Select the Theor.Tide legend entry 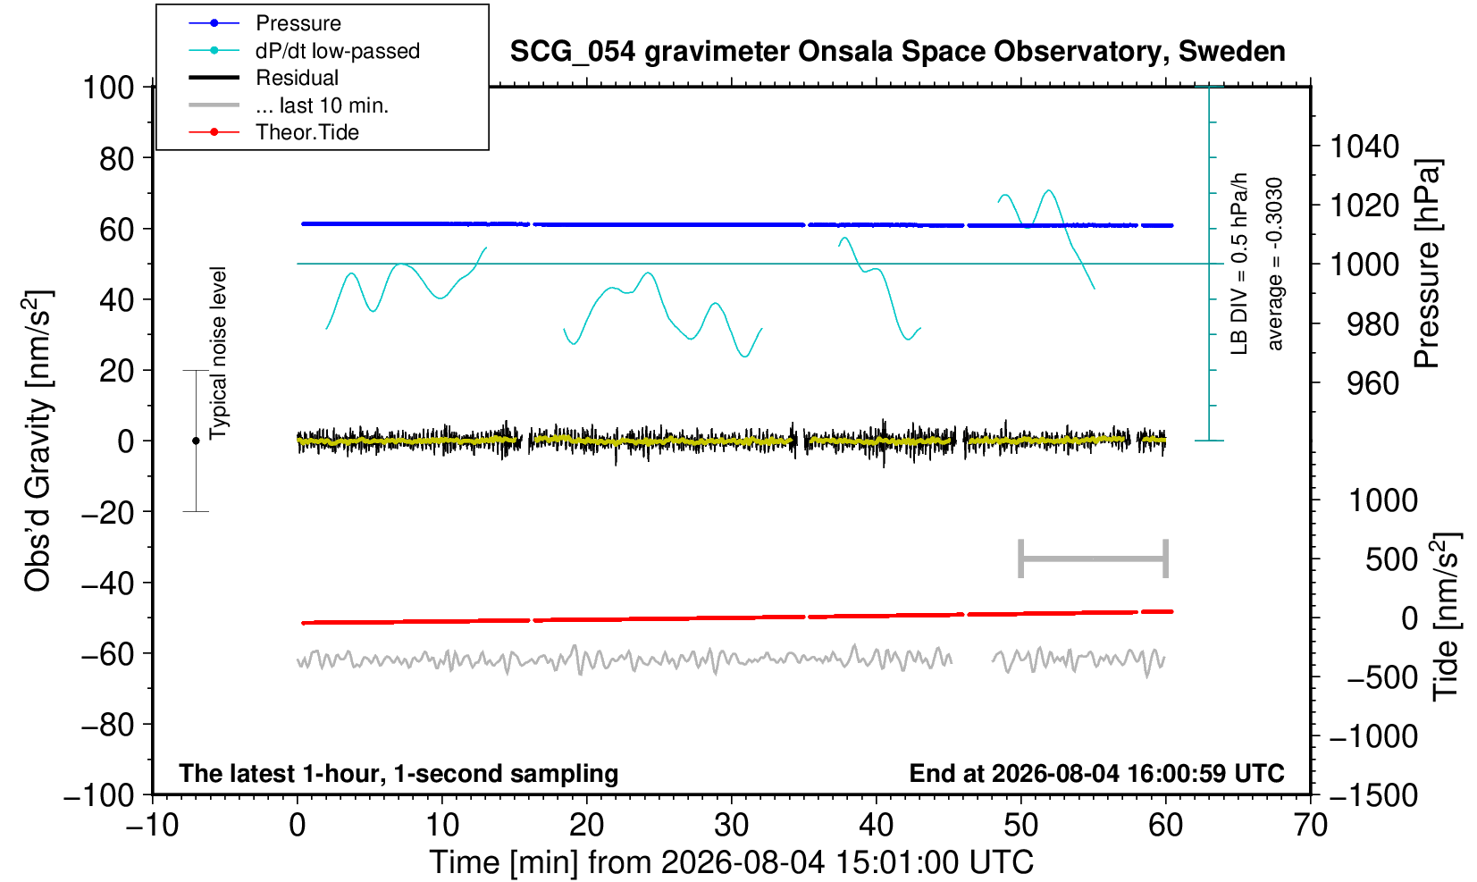tap(273, 132)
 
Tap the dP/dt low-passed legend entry tap(304, 51)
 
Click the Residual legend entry tap(264, 78)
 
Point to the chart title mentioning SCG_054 tap(897, 52)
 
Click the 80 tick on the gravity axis tap(117, 159)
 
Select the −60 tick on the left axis tap(108, 654)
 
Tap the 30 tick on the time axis tap(731, 826)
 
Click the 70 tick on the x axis tap(1310, 826)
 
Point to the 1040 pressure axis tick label tap(1364, 147)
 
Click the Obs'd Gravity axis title tap(38, 441)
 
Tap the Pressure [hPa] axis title tap(1428, 264)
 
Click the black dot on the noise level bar tap(196, 441)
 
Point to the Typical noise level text tap(218, 354)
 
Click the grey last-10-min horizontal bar tap(1094, 559)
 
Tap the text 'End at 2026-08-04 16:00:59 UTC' tap(1096, 773)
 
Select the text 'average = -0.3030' tap(1274, 264)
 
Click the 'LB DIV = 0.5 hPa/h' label tap(1239, 264)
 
